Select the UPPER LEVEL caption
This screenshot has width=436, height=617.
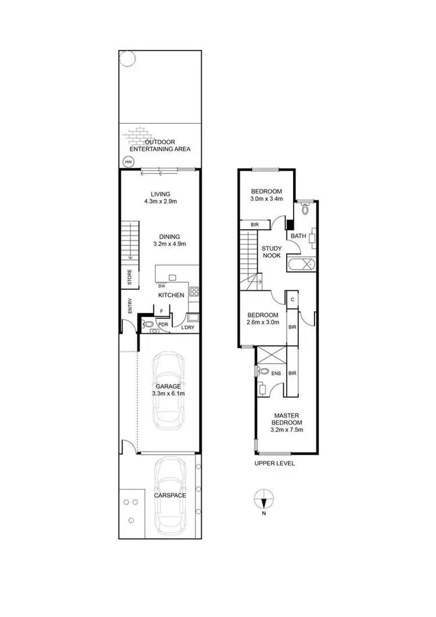275,463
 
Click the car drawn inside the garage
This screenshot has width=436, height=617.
168,389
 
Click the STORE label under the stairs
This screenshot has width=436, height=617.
130,277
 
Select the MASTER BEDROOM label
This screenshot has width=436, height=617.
287,419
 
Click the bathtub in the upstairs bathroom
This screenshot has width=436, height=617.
301,265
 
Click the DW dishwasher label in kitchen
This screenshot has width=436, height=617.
161,286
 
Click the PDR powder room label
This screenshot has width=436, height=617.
163,324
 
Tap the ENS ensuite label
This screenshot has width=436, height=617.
276,373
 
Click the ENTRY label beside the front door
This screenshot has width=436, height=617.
130,306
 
